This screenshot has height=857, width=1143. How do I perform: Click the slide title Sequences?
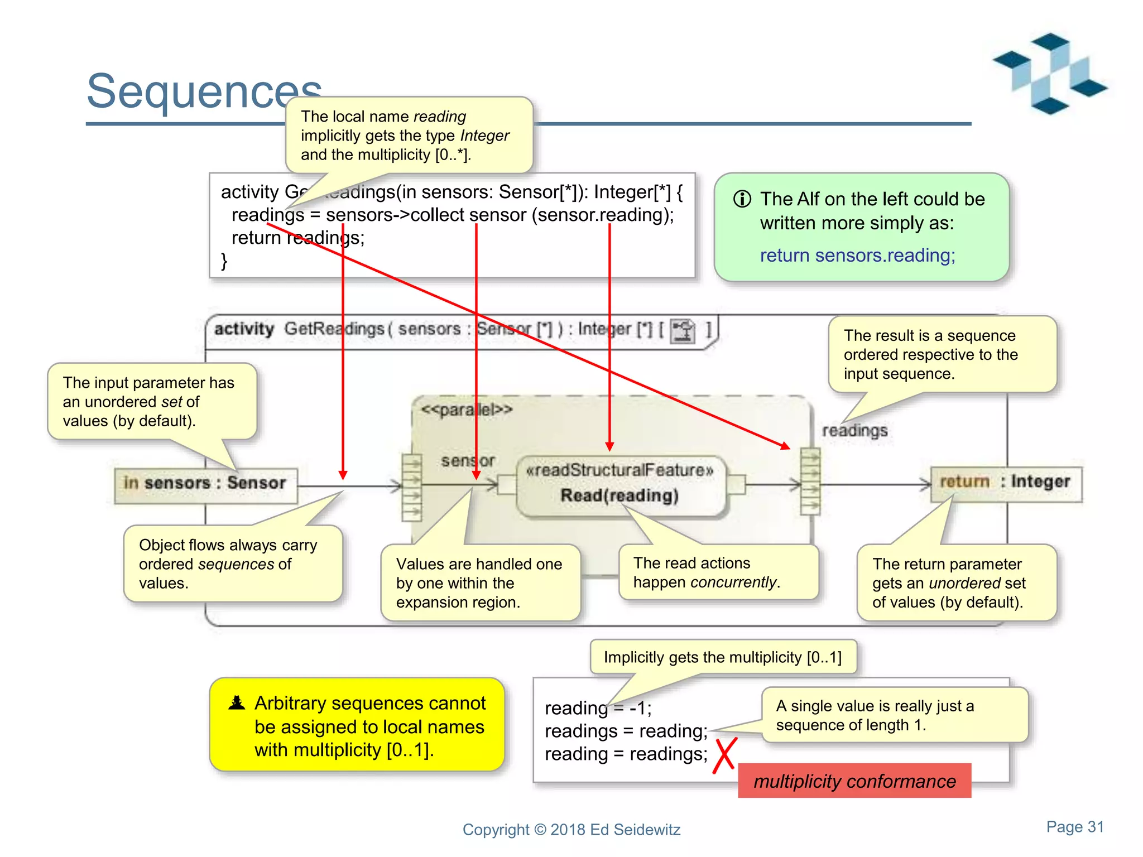click(204, 90)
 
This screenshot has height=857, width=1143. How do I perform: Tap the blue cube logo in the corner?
click(1049, 73)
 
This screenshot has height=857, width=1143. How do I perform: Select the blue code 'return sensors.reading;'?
click(857, 256)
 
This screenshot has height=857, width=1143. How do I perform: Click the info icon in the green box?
click(742, 199)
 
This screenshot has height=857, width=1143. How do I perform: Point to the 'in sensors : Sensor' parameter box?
click(205, 483)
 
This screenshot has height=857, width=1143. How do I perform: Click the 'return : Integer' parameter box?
click(1006, 482)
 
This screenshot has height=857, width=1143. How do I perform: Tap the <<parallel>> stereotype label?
click(467, 410)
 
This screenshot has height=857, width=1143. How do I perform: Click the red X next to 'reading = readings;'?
click(725, 755)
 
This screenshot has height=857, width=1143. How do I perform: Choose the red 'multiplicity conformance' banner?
click(854, 781)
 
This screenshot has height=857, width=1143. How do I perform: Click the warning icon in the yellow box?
click(237, 703)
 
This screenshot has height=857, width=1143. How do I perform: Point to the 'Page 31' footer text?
click(1075, 827)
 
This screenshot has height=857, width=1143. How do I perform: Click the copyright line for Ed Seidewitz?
click(571, 830)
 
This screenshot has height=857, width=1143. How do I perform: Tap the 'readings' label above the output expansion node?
click(854, 431)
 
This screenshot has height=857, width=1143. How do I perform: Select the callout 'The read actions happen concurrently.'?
click(718, 572)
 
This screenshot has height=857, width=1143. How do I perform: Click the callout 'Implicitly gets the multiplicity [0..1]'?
click(722, 657)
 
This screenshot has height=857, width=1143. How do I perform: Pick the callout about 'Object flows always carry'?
click(232, 564)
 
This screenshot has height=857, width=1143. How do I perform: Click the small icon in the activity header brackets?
click(683, 330)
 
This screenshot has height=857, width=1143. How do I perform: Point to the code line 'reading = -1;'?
click(598, 708)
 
